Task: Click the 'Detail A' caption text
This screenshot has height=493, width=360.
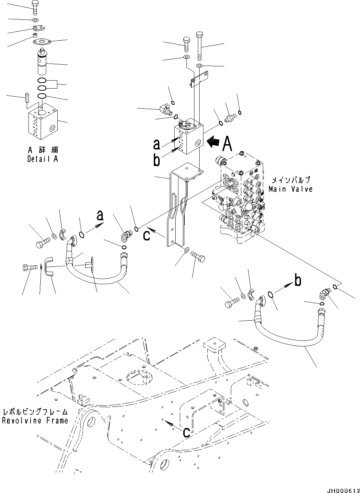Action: [42, 159]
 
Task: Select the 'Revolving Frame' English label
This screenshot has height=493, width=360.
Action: [35, 421]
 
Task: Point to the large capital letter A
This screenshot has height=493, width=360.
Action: [227, 143]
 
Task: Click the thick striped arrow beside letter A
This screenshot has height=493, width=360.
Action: [213, 142]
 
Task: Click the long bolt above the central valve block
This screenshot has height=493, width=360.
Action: [199, 45]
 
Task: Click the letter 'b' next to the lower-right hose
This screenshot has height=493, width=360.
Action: [298, 280]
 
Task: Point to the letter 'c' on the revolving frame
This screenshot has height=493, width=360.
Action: [186, 432]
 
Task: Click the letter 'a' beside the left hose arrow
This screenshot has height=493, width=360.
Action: [100, 216]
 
